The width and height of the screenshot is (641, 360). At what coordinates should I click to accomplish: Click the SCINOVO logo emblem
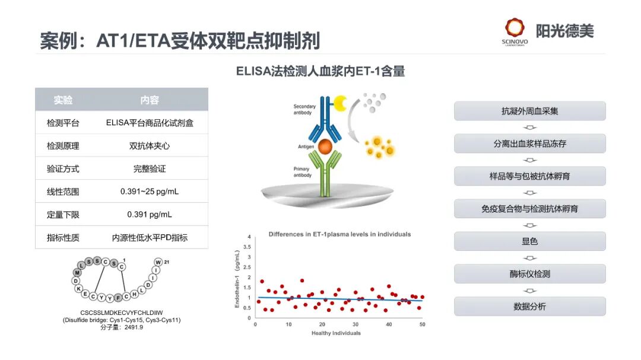pos(515,28)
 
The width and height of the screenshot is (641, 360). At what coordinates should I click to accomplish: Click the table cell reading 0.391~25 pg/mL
pos(150,192)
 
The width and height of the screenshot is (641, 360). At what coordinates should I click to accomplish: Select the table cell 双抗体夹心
pos(150,146)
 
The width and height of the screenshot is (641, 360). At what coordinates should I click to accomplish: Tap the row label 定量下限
pos(63,215)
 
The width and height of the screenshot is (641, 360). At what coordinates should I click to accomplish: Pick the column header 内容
pos(150,100)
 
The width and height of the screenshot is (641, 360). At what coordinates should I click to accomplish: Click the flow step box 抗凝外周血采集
pos(529,111)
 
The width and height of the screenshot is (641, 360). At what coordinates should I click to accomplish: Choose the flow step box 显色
pos(529,241)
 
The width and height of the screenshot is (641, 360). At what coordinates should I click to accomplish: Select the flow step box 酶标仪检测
pos(529,274)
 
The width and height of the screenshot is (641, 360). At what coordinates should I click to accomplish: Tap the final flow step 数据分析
pos(529,307)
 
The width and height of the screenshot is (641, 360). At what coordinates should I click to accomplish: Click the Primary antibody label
pos(302,172)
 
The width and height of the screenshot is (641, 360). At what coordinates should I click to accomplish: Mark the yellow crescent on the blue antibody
pos(341,104)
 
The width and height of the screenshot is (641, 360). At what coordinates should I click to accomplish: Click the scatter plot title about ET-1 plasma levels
pos(339,234)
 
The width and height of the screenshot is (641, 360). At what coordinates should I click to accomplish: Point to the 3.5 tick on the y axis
pos(248,247)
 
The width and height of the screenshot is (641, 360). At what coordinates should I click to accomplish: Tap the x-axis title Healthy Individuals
pos(336,333)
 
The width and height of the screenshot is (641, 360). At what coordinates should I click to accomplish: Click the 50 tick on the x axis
pos(422,324)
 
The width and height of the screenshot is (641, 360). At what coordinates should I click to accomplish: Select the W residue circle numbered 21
pos(158,262)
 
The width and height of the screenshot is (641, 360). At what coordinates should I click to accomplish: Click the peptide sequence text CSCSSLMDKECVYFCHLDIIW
pos(122,313)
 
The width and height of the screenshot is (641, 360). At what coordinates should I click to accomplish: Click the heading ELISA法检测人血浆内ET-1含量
pos(320,72)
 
